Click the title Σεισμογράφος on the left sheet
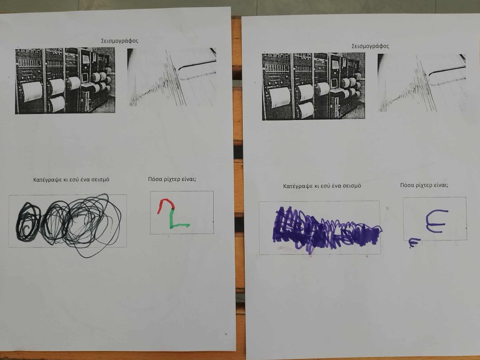[x=120, y=41]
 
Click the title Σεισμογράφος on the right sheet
[x=370, y=46]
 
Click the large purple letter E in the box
[x=436, y=221]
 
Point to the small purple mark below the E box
[x=414, y=242]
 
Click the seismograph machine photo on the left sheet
[x=65, y=81]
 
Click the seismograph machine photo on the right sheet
[x=314, y=86]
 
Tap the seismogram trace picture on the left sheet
[x=172, y=77]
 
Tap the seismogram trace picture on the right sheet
[x=422, y=83]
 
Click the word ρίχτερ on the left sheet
[x=172, y=180]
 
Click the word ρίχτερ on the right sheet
[x=424, y=185]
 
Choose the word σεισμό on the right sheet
[x=352, y=186]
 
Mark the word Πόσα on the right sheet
[x=407, y=185]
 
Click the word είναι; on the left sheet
[x=189, y=180]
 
